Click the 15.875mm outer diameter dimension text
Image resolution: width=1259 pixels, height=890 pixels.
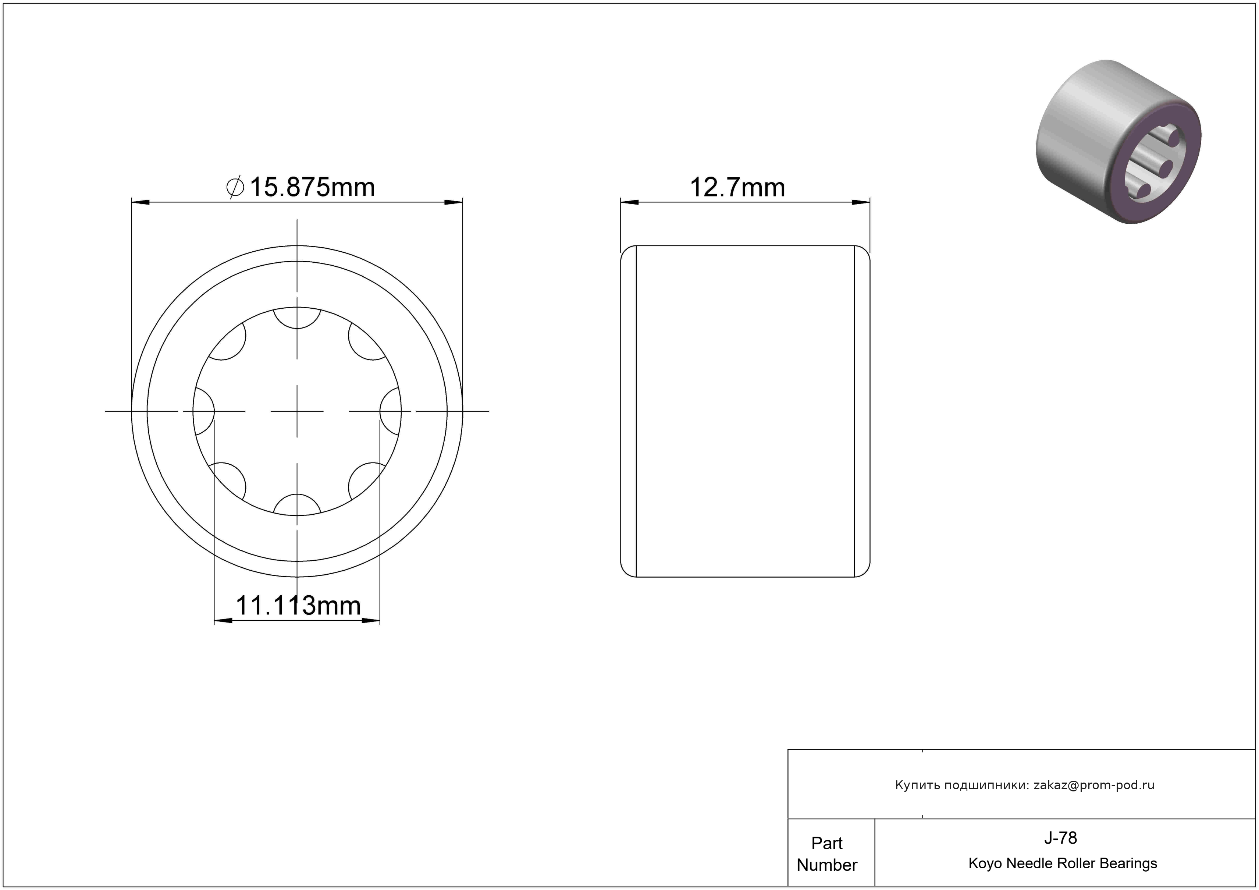pyautogui.click(x=312, y=188)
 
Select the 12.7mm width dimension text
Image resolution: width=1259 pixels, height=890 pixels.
pyautogui.click(x=737, y=188)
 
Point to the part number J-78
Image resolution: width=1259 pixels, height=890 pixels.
pyautogui.click(x=1060, y=838)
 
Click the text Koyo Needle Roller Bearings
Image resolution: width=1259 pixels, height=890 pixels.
pyautogui.click(x=1063, y=864)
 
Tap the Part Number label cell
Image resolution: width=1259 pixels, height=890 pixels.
pyautogui.click(x=827, y=854)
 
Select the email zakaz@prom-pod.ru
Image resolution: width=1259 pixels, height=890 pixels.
pyautogui.click(x=1094, y=785)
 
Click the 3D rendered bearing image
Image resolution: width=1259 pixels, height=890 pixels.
pyautogui.click(x=1118, y=142)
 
